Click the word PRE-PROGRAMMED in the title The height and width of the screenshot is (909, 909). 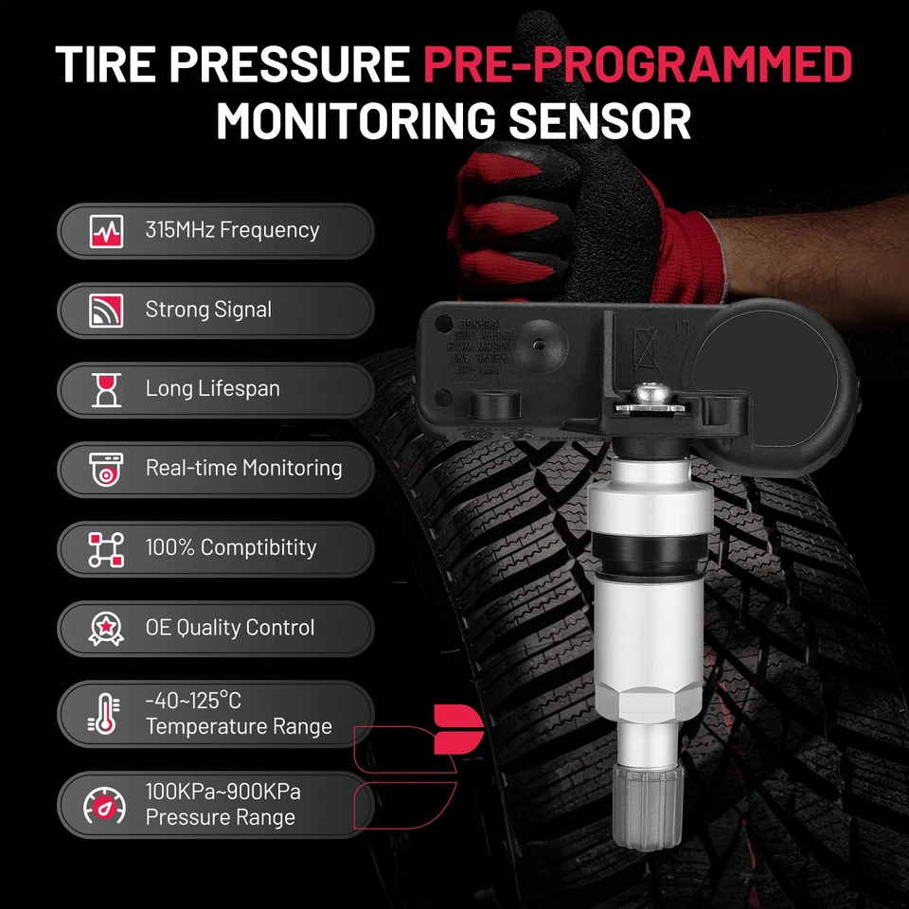click(636, 64)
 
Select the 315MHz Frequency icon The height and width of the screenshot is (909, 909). click(106, 230)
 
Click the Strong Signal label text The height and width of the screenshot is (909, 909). click(208, 310)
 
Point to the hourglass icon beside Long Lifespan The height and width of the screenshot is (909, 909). click(106, 389)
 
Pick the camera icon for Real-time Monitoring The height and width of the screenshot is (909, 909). click(106, 468)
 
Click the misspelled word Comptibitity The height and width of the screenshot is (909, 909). click(258, 547)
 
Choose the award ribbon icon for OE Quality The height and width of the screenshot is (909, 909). click(106, 627)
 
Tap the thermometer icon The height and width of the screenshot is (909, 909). click(104, 714)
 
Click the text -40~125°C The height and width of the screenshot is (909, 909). click(193, 701)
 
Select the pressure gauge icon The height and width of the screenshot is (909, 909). click(104, 805)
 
